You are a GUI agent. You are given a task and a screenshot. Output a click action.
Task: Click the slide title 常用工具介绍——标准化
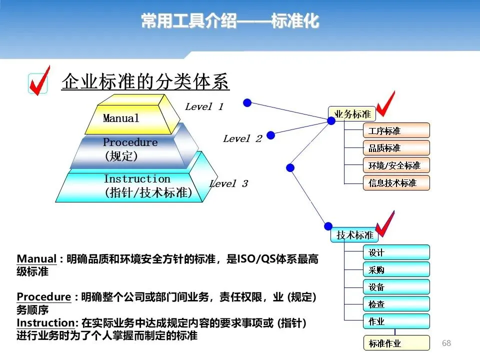tap(230, 21)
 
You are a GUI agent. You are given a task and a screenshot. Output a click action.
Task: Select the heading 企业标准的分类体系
tap(145, 81)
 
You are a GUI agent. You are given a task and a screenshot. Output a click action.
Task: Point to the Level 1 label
tap(204, 106)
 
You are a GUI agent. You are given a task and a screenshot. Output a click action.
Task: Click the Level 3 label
tap(228, 183)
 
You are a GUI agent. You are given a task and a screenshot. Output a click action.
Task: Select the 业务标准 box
tap(351, 114)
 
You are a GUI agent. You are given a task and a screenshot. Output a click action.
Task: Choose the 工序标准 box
tap(396, 130)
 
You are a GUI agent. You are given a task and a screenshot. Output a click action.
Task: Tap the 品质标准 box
tap(396, 148)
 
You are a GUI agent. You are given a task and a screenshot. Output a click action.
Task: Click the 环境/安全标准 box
tap(396, 165)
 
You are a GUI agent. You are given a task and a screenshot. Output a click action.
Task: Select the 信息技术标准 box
tap(396, 182)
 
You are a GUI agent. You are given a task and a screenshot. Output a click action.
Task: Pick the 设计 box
tap(396, 252)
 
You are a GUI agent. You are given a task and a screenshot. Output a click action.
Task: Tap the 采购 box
tap(396, 269)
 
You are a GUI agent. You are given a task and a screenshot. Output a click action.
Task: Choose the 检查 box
tap(396, 303)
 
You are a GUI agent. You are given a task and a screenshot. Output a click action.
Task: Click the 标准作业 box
tap(396, 343)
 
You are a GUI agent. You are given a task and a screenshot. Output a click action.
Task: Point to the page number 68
tap(446, 343)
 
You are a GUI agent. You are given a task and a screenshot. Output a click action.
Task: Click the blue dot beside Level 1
tap(247, 102)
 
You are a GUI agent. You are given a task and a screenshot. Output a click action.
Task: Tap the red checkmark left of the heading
tap(39, 80)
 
